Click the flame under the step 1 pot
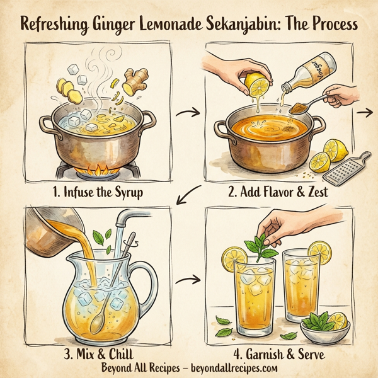[101, 168]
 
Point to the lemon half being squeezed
[258, 85]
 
